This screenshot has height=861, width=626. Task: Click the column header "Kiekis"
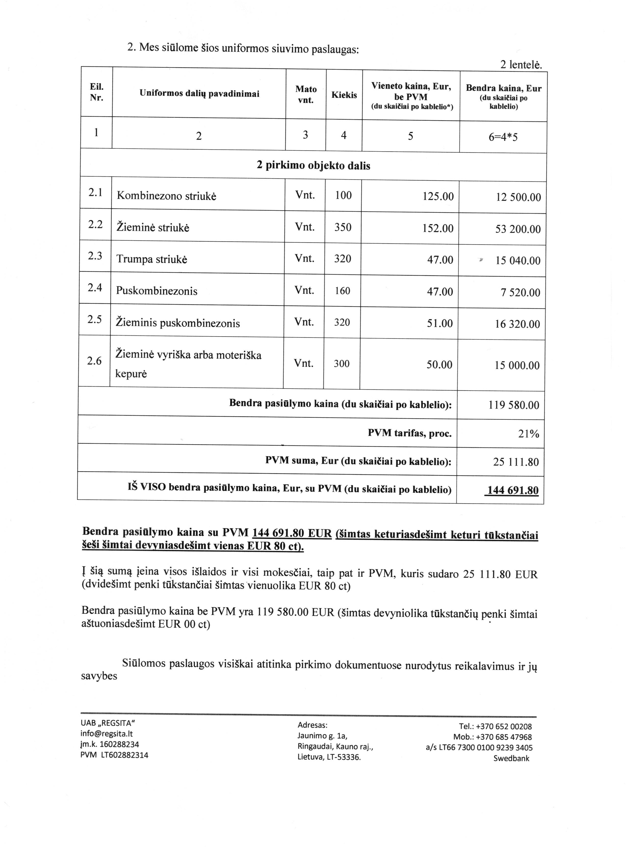[344, 95]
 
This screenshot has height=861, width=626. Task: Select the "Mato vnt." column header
[306, 94]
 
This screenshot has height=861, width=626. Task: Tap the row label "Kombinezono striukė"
[166, 196]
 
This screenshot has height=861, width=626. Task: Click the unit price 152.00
[438, 228]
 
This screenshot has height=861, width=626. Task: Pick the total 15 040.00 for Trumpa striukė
[518, 261]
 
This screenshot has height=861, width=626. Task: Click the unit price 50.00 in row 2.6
[439, 365]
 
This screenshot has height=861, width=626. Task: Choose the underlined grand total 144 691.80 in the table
[512, 490]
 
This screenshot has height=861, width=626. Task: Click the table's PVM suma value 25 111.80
[516, 462]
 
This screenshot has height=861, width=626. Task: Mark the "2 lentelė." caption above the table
[521, 65]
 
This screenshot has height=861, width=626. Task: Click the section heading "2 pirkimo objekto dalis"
[313, 166]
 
